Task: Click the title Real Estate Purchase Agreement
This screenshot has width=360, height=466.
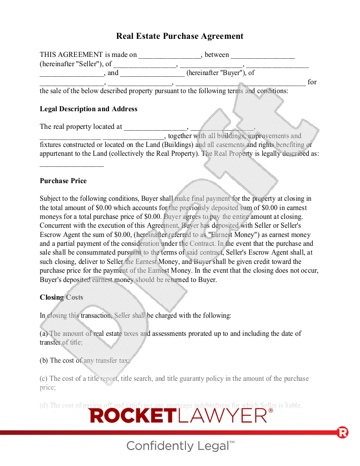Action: [180, 36]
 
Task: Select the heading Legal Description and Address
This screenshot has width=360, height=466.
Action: [88, 109]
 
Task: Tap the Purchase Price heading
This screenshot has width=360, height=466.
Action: [63, 181]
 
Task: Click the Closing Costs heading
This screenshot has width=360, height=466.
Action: [61, 297]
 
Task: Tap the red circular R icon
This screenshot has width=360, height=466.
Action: [342, 432]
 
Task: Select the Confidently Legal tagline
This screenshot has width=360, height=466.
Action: [180, 446]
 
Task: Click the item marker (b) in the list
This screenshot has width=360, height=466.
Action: [44, 361]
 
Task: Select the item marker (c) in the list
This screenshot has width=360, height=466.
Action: [44, 379]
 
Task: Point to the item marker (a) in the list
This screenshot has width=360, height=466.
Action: [44, 334]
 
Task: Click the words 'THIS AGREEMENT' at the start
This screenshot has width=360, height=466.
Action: [71, 55]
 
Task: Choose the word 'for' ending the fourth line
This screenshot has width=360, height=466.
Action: [312, 82]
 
